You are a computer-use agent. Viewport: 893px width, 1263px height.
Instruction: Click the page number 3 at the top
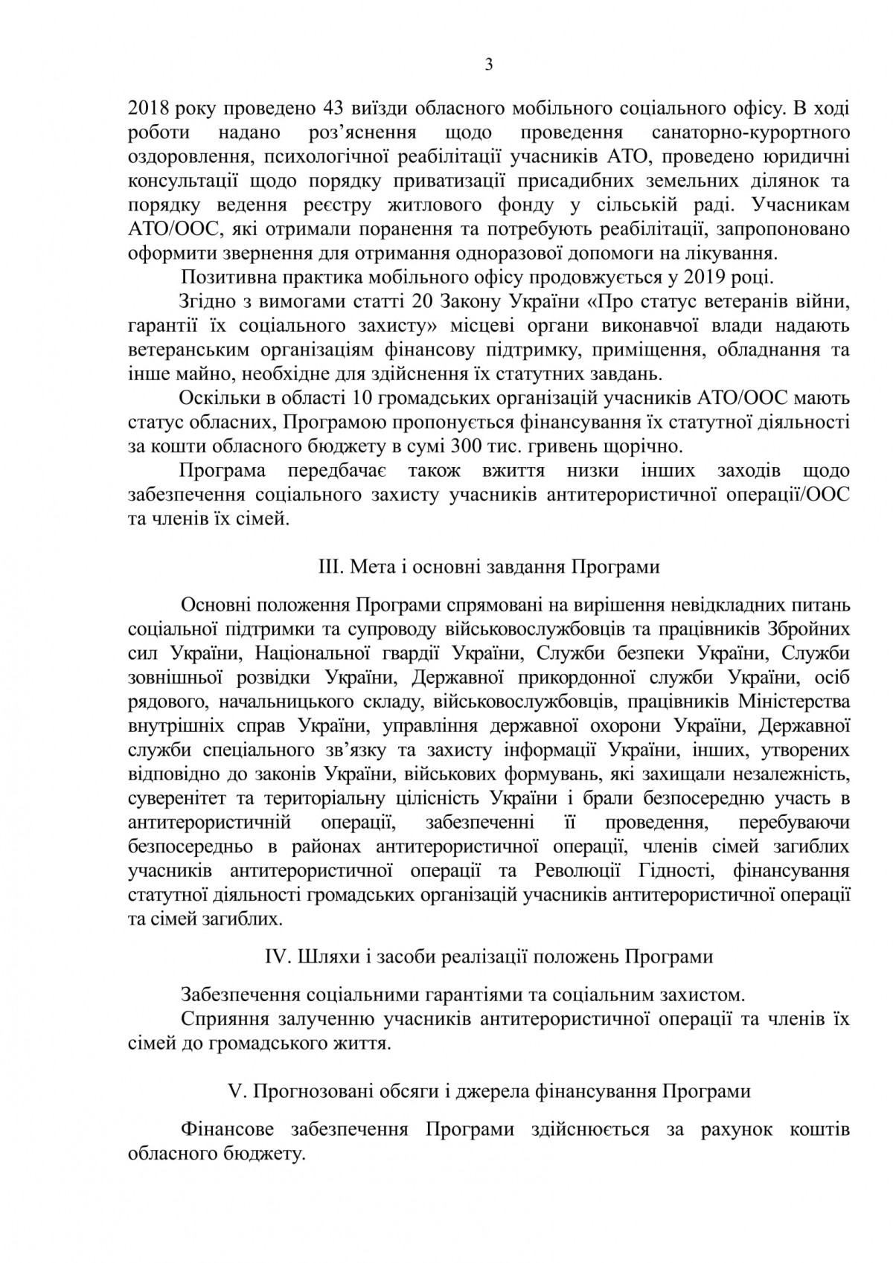pos(488,65)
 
